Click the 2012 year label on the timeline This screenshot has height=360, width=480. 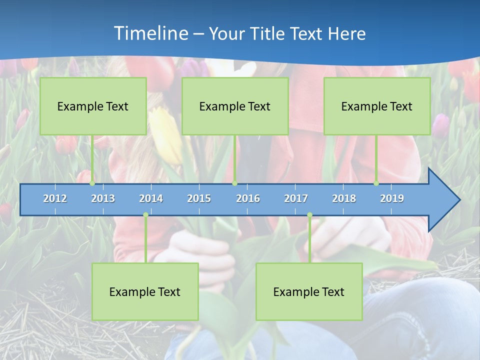coord(55,198)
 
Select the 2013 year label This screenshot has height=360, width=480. coord(103,198)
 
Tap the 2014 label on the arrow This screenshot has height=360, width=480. coord(151,198)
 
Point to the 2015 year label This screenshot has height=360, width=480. coord(199,198)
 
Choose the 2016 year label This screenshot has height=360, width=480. coord(248,198)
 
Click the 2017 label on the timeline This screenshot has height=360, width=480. coord(296,198)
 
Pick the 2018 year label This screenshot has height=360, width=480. coord(344,198)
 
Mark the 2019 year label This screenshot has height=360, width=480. coord(392,198)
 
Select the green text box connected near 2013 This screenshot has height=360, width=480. coord(93,106)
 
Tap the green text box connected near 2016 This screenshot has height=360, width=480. coord(235,106)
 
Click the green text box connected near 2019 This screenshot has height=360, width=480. coord(377,106)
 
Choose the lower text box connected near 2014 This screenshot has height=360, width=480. coord(145,291)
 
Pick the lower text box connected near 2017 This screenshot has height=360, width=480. coord(309,291)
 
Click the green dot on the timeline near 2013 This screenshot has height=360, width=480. coord(92,183)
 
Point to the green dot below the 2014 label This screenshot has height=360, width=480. coord(145,215)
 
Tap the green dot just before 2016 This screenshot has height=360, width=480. coord(234,183)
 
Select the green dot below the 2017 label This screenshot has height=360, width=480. coord(309,215)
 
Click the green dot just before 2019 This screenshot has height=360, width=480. coord(376,183)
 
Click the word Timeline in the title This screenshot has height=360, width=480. coord(150,33)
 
